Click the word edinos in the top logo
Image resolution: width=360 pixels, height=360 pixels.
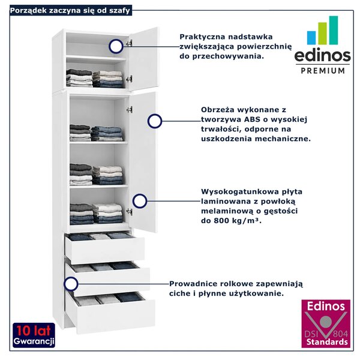[x=322, y=55]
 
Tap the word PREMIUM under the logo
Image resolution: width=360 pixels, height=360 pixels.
[x=323, y=70]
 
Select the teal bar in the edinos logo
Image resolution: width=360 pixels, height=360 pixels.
[x=334, y=30]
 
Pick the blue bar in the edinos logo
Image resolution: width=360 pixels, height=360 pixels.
[x=311, y=38]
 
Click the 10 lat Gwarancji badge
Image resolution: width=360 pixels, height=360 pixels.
[x=34, y=335]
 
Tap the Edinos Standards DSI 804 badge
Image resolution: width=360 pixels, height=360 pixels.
[x=326, y=323]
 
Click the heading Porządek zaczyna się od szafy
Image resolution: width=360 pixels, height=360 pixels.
[x=70, y=11]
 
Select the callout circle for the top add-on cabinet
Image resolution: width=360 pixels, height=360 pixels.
[x=116, y=46]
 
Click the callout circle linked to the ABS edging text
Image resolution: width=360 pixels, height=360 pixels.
[x=155, y=121]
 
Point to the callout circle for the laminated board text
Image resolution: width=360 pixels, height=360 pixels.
[x=140, y=201]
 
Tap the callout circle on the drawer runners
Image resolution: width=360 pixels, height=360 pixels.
[x=71, y=284]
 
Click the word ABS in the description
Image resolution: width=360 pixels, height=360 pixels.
[x=252, y=119]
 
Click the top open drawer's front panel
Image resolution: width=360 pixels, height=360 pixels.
[x=105, y=250]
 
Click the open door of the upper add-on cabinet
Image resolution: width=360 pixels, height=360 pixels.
[x=143, y=59]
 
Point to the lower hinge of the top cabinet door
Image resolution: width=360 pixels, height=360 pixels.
[x=130, y=79]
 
